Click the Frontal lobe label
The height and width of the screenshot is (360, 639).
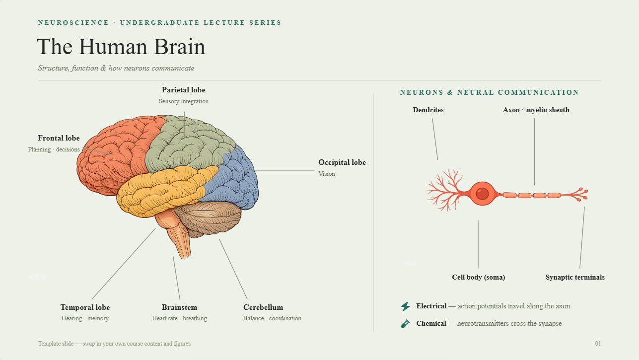[59, 138]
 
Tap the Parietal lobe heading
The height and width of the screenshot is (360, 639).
[183, 90]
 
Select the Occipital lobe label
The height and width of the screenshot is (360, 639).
[342, 162]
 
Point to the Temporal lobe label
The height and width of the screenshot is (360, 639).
[85, 307]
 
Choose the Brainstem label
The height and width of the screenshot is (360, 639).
[179, 307]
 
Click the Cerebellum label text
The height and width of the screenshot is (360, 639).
[263, 307]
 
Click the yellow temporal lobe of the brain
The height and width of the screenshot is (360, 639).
[165, 188]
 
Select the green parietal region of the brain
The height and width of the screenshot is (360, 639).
[185, 145]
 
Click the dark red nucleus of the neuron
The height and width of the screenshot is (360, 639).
[482, 194]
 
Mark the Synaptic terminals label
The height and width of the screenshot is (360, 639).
[575, 277]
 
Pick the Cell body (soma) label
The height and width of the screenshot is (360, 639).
[479, 277]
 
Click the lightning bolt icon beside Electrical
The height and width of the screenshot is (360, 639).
[405, 306]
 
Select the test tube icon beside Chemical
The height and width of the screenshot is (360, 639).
[405, 324]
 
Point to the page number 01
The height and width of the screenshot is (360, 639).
[598, 344]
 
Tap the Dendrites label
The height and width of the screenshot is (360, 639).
[428, 110]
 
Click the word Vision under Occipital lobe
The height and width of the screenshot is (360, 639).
[327, 174]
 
